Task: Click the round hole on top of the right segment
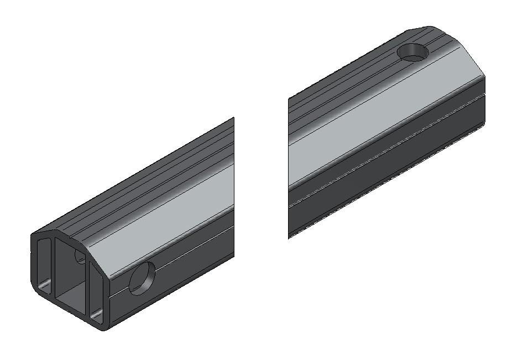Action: coord(413,53)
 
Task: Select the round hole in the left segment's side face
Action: coord(142,278)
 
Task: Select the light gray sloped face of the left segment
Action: coord(166,210)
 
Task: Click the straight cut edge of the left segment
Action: coord(234,188)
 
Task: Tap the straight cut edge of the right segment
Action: coord(289,166)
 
